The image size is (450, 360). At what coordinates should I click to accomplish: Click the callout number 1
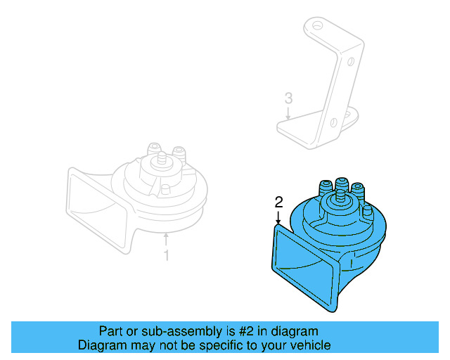pos(167,255)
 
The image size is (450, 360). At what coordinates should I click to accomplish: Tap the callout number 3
pos(288,98)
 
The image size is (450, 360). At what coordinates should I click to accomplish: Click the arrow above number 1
pos(167,240)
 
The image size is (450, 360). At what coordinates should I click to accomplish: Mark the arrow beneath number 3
pos(288,114)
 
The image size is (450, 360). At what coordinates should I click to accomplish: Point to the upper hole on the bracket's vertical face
pos(349,62)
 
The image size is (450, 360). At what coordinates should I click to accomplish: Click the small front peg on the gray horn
pos(163,189)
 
